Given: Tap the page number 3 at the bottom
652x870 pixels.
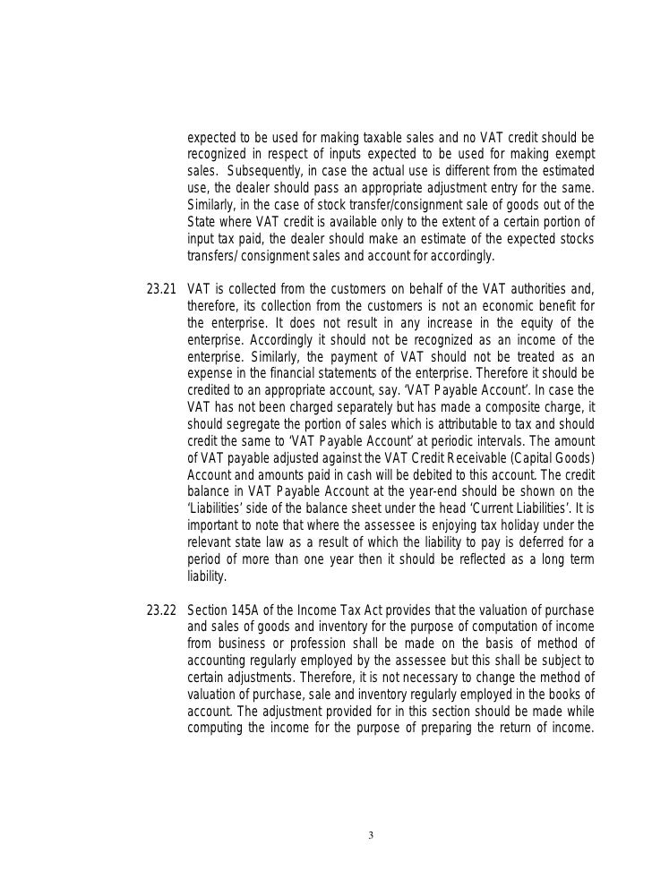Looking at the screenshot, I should pos(372,836).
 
